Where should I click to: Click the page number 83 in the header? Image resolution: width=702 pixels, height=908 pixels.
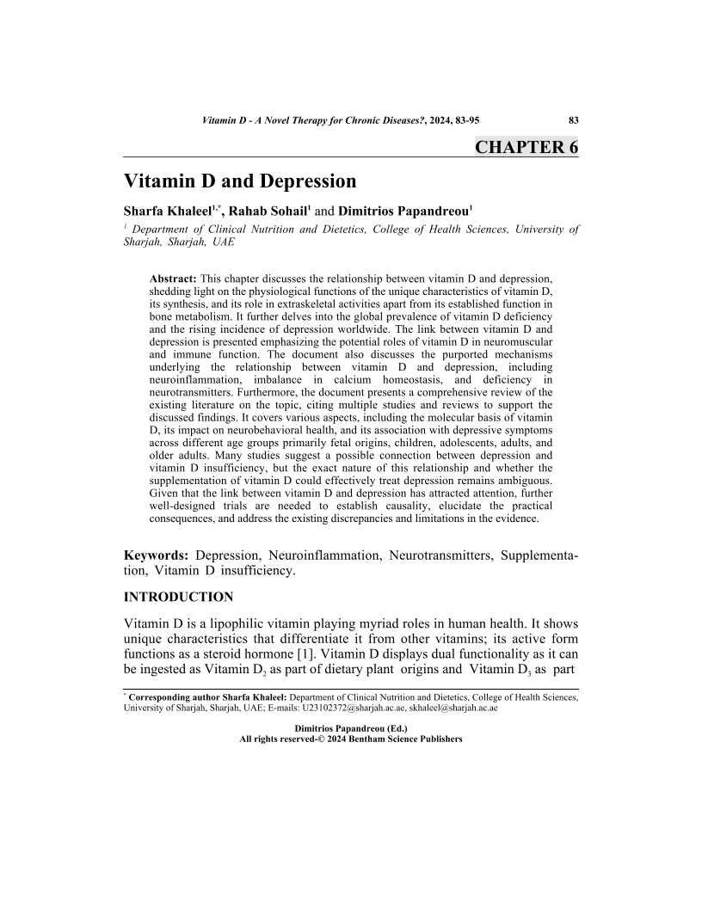(573, 121)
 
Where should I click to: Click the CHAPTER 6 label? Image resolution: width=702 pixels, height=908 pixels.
(526, 147)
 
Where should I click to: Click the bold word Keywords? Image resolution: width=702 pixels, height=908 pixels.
(157, 557)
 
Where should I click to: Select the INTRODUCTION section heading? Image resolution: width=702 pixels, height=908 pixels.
(178, 597)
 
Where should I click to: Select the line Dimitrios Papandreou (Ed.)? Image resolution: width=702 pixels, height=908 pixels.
(351, 727)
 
